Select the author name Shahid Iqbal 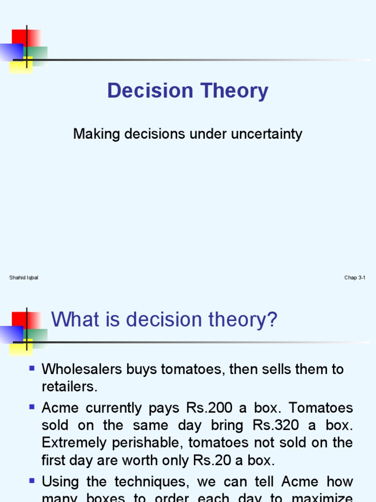(x=23, y=278)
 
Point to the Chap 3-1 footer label (x=355, y=278)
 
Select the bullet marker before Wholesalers (x=32, y=368)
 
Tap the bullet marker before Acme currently (x=32, y=406)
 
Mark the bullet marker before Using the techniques (x=32, y=480)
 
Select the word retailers (x=70, y=387)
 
